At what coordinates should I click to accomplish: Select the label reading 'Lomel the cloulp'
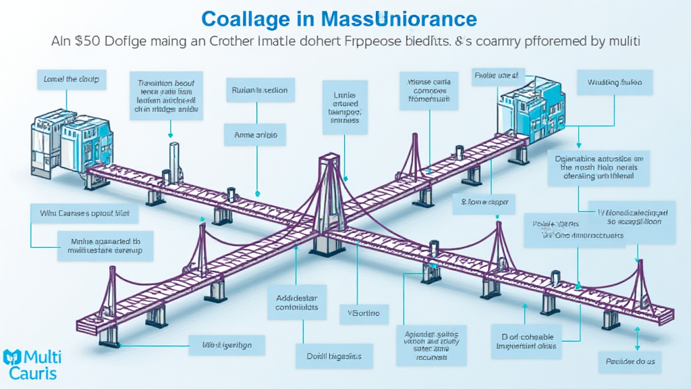pyautogui.click(x=70, y=80)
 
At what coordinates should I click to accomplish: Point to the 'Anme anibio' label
pyautogui.click(x=255, y=135)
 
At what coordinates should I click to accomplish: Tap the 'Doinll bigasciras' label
pyautogui.click(x=334, y=356)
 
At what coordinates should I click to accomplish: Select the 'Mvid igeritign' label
pyautogui.click(x=227, y=346)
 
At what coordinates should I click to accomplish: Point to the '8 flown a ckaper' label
pyautogui.click(x=484, y=201)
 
